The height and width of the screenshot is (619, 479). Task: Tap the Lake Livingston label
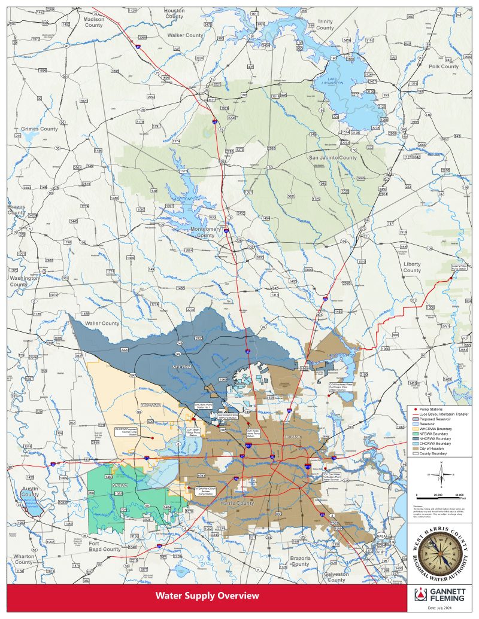point(333,81)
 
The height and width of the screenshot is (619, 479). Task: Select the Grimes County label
point(39,129)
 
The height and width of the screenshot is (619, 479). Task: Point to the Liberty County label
point(412,267)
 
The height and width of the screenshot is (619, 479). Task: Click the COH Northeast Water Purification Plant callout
point(341,386)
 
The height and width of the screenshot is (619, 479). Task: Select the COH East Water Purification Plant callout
point(334,477)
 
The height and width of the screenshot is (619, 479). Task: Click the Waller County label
point(102,324)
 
